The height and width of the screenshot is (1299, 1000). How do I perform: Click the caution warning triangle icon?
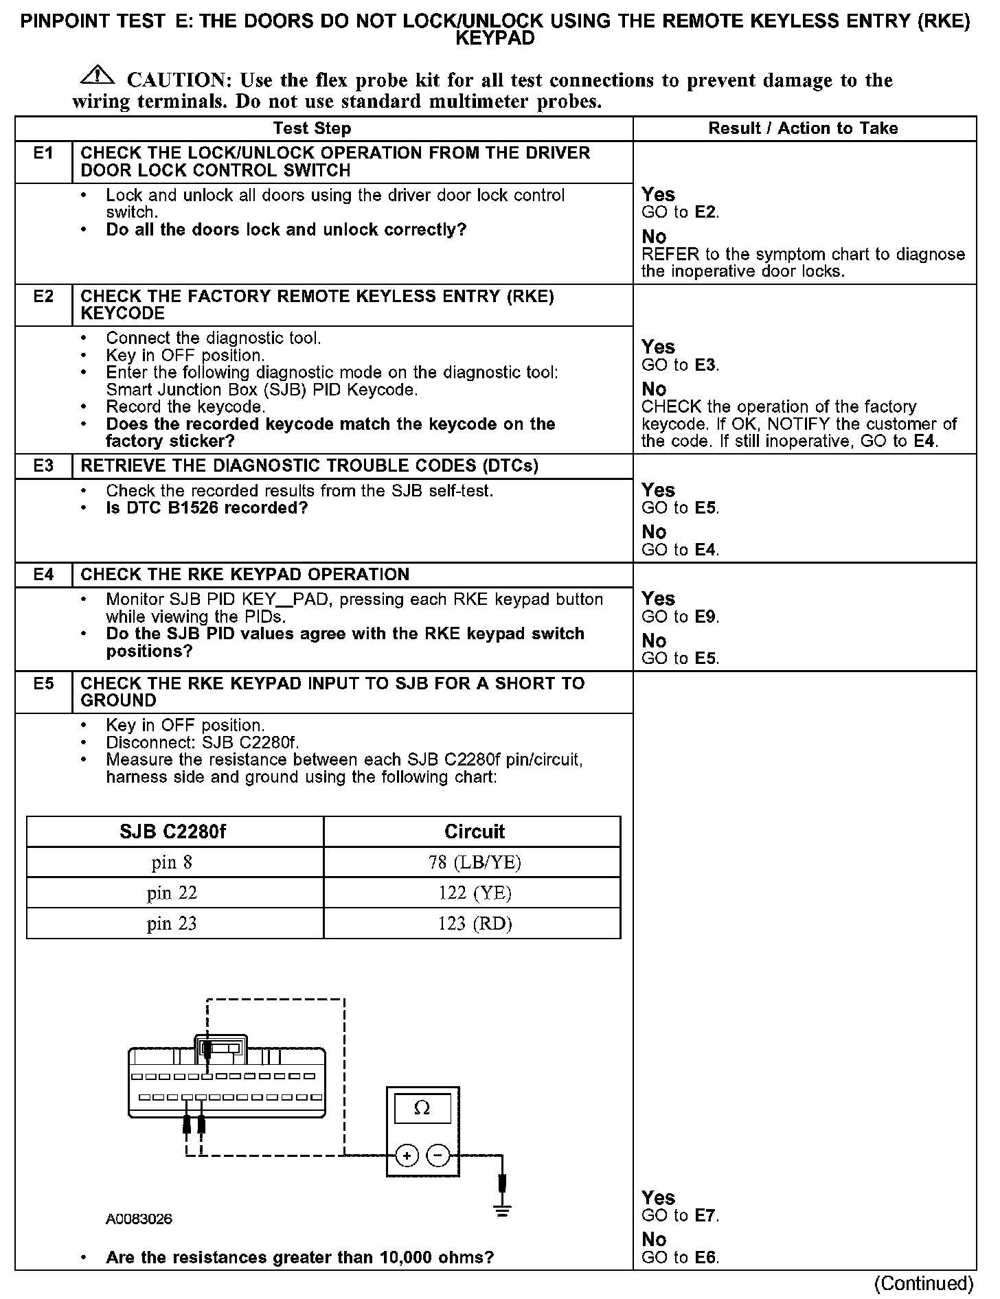(x=100, y=74)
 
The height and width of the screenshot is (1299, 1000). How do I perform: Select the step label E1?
(x=43, y=153)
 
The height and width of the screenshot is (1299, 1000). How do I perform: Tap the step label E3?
(x=43, y=466)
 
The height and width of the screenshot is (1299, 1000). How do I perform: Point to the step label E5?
(x=43, y=684)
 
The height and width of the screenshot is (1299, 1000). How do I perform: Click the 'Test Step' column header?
(x=312, y=128)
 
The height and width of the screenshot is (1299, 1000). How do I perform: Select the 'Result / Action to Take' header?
(x=803, y=128)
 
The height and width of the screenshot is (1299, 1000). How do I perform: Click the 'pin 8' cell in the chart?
(x=172, y=862)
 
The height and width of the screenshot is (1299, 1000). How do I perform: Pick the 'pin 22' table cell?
(x=172, y=893)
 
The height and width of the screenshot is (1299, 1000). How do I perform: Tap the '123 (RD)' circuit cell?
(x=475, y=923)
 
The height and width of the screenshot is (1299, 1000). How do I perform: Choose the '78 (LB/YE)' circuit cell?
(x=475, y=862)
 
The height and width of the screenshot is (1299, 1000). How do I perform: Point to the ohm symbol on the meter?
(x=422, y=1108)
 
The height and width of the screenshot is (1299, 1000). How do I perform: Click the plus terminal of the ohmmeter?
(x=407, y=1156)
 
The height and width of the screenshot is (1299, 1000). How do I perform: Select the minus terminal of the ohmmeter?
(x=437, y=1156)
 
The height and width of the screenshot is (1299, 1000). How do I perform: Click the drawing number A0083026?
(x=139, y=1219)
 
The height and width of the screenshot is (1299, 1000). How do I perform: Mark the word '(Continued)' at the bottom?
(x=923, y=1284)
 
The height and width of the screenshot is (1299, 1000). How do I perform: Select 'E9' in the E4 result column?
(x=705, y=617)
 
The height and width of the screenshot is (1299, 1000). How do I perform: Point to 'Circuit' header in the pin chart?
(x=474, y=832)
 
